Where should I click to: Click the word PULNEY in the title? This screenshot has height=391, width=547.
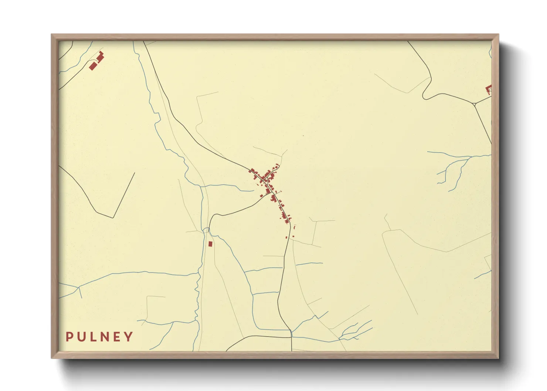tap(99, 337)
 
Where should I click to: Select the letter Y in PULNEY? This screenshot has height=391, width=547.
tap(129, 337)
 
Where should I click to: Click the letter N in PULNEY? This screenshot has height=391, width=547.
tap(105, 337)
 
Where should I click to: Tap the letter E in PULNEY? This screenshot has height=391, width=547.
tap(117, 337)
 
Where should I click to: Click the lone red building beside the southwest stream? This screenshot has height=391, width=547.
tap(210, 244)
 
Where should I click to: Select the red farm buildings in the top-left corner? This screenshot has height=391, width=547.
tap(96, 62)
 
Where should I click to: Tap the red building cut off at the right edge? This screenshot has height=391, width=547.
tap(489, 89)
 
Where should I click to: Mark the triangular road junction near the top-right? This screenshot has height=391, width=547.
tap(474, 104)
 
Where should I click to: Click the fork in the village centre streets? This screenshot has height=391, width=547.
tap(265, 181)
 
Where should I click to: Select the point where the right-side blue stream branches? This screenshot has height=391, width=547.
tap(469, 158)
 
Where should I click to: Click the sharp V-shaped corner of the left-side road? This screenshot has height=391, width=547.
tap(113, 217)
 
